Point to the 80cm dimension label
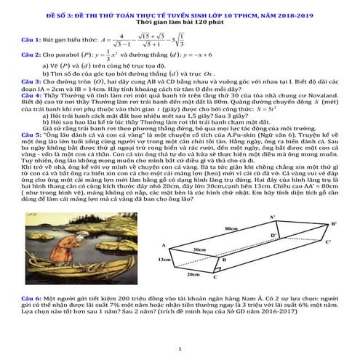pyautogui.click(x=231, y=229)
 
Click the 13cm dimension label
pyautogui.click(x=164, y=259)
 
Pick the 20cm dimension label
pyautogui.click(x=192, y=275)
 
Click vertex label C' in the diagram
pyautogui.click(x=328, y=241)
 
